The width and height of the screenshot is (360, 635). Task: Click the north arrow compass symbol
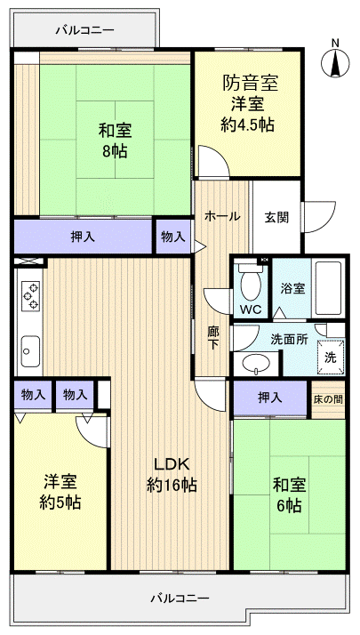[x=335, y=59]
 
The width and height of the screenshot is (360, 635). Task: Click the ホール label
[x=221, y=215]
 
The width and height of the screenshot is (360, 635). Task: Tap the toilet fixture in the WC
[x=251, y=284]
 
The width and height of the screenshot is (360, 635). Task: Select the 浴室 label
[x=292, y=288]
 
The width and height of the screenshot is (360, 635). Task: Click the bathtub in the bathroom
[x=329, y=287]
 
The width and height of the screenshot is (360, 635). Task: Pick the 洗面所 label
[x=289, y=339]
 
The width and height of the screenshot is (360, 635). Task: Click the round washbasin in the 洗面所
[x=257, y=364]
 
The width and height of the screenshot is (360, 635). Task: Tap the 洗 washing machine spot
[x=330, y=358]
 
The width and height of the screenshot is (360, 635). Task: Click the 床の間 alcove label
[x=327, y=398]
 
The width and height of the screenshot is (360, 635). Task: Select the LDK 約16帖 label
[x=172, y=475]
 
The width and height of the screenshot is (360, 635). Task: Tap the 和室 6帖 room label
[x=286, y=494]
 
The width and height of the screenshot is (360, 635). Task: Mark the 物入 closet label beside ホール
[x=173, y=237]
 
